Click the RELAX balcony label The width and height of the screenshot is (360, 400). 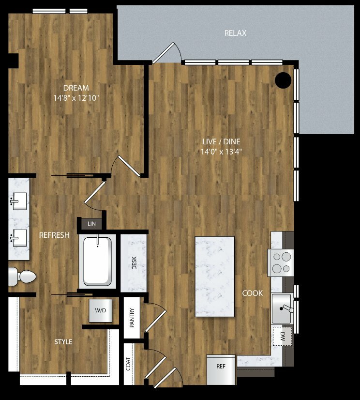(x=235, y=33)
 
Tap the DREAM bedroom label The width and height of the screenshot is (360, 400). (x=76, y=88)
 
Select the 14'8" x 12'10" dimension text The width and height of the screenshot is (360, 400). (x=76, y=98)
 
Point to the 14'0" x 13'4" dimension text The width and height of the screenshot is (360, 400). (x=221, y=152)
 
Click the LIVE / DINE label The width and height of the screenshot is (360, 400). (x=221, y=141)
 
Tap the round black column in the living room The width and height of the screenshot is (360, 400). (x=283, y=80)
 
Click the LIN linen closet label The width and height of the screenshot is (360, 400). (x=91, y=224)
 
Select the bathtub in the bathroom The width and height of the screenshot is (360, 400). (x=97, y=262)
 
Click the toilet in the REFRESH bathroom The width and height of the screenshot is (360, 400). (x=22, y=277)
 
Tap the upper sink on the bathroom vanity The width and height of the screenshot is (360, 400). (x=18, y=201)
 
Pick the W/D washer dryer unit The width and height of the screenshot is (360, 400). (x=101, y=310)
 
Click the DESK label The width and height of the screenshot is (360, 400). (x=134, y=263)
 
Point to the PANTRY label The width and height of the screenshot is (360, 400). (x=132, y=318)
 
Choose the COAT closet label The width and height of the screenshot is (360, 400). (x=128, y=364)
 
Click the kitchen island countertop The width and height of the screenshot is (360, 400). (x=215, y=277)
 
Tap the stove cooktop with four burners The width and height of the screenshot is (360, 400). (x=281, y=263)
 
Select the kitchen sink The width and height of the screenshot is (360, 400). (x=282, y=308)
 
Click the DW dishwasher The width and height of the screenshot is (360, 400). (x=283, y=336)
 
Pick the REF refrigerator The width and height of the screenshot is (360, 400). (x=221, y=369)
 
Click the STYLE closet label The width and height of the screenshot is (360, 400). (x=63, y=342)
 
